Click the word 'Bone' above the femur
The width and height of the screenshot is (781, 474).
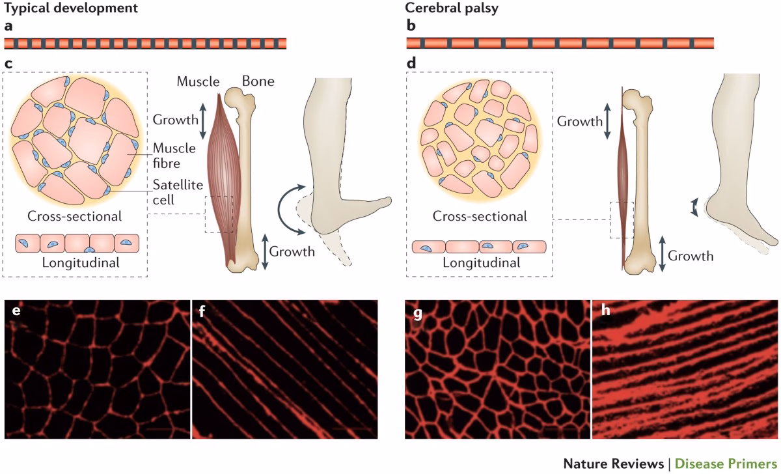[x=258, y=81]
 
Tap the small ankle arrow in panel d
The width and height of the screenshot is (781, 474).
[x=694, y=208]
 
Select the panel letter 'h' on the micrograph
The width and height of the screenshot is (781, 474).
[x=605, y=312]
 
